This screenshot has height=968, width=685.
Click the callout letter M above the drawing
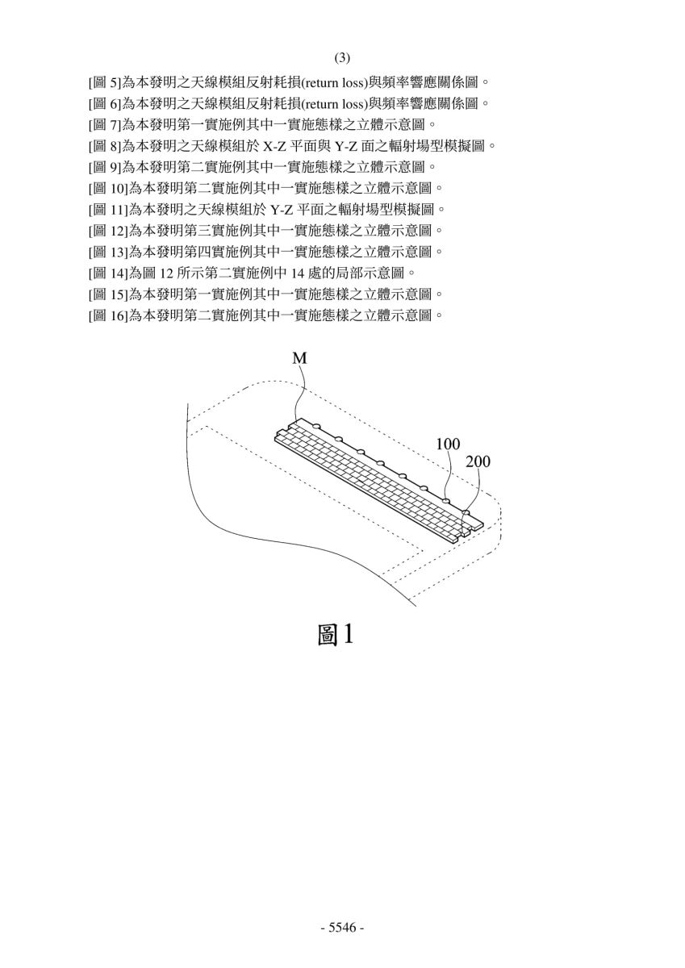(x=299, y=358)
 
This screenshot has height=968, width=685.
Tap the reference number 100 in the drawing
(x=448, y=444)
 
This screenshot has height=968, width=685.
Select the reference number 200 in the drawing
(x=478, y=462)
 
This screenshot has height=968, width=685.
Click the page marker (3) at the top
(x=342, y=58)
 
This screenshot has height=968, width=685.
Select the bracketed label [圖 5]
(x=105, y=82)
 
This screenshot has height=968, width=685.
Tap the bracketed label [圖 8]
(x=105, y=146)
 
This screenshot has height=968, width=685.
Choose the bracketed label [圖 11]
(x=108, y=210)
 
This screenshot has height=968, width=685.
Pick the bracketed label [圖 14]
(x=108, y=273)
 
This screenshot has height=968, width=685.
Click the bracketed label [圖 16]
(x=108, y=316)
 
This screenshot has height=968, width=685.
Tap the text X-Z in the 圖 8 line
(x=275, y=147)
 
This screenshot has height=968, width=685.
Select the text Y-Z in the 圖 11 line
(x=282, y=211)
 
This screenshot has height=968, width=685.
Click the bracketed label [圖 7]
(x=105, y=125)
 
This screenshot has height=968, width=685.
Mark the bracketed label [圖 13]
(x=108, y=252)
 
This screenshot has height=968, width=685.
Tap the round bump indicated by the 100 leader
(x=446, y=500)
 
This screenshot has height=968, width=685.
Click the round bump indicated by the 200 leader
(x=466, y=512)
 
